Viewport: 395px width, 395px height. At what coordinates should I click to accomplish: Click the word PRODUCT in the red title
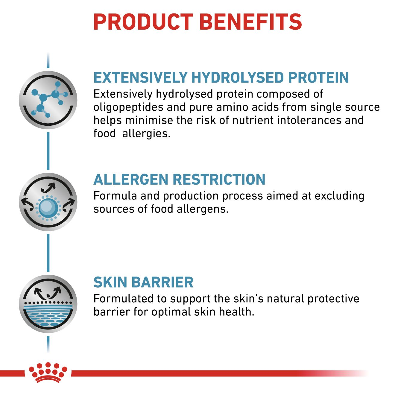(143, 22)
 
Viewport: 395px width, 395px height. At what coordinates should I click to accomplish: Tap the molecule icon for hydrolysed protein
(48, 100)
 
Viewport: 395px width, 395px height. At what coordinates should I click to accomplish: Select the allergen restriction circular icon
(48, 202)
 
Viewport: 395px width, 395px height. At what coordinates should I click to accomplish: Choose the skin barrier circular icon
(48, 304)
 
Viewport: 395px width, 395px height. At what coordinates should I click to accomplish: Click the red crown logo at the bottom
(48, 373)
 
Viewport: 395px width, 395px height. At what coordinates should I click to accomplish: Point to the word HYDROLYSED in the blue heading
(238, 78)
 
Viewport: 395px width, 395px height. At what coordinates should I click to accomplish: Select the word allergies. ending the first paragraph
(146, 133)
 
